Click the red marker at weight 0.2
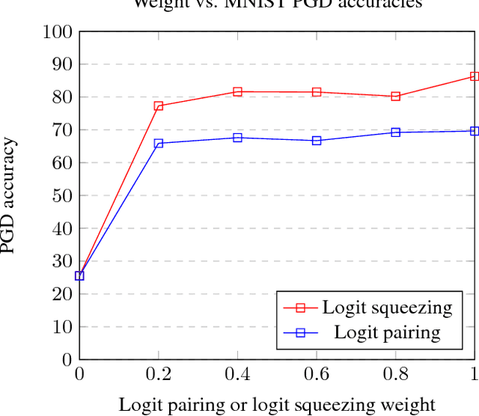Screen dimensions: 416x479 (159, 105)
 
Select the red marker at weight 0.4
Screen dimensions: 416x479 (237, 91)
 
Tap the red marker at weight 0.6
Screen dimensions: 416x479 (317, 92)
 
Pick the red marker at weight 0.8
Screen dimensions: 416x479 (396, 97)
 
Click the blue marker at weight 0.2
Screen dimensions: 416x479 (159, 143)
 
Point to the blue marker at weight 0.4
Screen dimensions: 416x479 (237, 138)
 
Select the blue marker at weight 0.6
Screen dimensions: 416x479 (317, 141)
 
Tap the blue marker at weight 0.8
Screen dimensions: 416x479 (396, 132)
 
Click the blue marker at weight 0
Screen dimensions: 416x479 (79, 275)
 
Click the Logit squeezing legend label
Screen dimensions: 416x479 (387, 307)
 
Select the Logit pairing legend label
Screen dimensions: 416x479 (387, 332)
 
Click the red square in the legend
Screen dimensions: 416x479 (300, 308)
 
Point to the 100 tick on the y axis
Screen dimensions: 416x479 (59, 32)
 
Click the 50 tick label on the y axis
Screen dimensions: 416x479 (63, 196)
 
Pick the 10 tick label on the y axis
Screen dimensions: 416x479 (63, 327)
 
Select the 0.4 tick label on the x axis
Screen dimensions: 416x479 (237, 373)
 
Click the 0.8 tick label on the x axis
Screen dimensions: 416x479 (396, 373)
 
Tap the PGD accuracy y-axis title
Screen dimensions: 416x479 (10, 196)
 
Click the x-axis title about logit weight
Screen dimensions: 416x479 (276, 404)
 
